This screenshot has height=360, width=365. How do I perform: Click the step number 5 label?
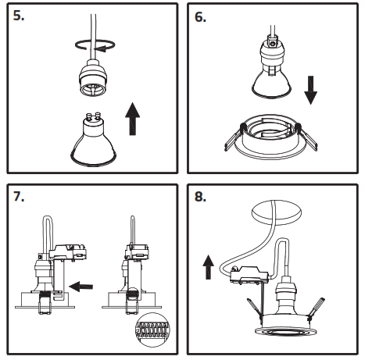pyautogui.click(x=19, y=16)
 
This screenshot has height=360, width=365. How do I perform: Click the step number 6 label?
pyautogui.click(x=200, y=17)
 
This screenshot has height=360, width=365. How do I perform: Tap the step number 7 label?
pyautogui.click(x=19, y=196)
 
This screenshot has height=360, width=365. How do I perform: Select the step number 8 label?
pyautogui.click(x=200, y=196)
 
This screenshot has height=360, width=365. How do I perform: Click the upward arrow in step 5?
pyautogui.click(x=133, y=119)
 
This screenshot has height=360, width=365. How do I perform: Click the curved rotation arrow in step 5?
pyautogui.click(x=95, y=45)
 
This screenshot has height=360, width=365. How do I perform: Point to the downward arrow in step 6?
pyautogui.click(x=310, y=90)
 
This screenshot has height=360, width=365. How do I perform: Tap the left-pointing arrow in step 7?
pyautogui.click(x=81, y=287)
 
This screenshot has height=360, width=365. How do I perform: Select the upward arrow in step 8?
pyautogui.click(x=208, y=267)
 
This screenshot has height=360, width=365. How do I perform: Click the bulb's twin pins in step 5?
pyautogui.click(x=94, y=115)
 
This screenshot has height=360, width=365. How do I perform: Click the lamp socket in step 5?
pyautogui.click(x=93, y=78)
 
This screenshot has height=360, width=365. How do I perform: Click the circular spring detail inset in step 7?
pyautogui.click(x=152, y=330)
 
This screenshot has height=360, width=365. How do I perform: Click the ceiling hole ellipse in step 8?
pyautogui.click(x=277, y=212)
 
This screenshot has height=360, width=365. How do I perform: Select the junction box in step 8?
pyautogui.click(x=249, y=275)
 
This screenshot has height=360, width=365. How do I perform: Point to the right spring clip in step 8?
pyautogui.click(x=316, y=309)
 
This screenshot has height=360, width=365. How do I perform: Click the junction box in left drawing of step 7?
pyautogui.click(x=67, y=252)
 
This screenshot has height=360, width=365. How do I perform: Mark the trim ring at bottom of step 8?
pyautogui.click(x=285, y=331)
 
